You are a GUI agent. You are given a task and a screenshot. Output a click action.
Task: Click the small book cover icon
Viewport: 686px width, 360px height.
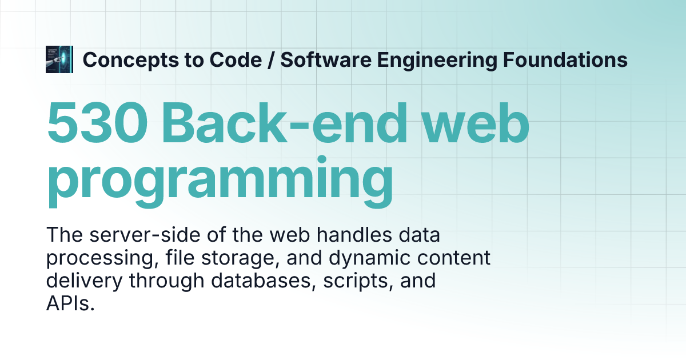click(58, 59)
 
